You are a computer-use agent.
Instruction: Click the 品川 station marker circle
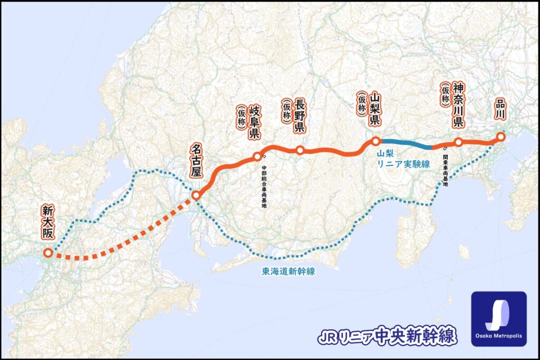coord(500,137)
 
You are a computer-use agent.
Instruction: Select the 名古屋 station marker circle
coord(196,196)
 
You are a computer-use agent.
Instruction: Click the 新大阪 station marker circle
coord(48,253)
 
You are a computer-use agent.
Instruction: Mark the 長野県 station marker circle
coord(300,150)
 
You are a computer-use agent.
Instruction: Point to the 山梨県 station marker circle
coord(375,141)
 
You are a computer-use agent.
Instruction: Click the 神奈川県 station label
coord(458,105)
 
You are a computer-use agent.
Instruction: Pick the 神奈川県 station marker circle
coord(458,142)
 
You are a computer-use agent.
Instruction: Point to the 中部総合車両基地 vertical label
coord(264,187)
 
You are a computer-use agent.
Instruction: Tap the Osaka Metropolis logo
coord(498,318)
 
